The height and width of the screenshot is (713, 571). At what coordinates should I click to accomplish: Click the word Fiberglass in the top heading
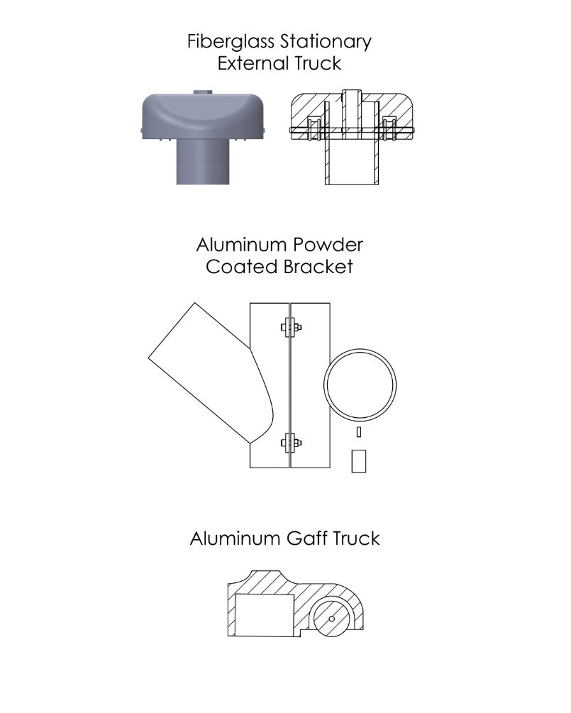231,43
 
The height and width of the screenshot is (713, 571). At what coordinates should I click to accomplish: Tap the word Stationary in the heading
326,43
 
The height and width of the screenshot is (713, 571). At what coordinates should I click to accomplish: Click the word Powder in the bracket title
327,245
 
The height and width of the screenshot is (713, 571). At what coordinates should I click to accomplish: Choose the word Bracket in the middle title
317,267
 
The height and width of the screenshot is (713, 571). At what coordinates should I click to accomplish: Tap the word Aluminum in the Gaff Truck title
235,538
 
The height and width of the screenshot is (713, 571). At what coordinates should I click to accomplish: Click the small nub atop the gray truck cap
203,92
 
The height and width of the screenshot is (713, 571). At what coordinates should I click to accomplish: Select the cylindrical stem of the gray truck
203,162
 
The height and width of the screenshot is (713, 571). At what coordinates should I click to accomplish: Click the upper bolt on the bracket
291,327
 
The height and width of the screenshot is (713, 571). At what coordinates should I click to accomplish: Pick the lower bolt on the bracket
291,443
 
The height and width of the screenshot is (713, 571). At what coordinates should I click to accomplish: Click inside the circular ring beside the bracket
360,385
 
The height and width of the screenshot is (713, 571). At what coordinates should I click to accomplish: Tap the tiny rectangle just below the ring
359,432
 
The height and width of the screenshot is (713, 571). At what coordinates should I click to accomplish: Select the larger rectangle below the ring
359,461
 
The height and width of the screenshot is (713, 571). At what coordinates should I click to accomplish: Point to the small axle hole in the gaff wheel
331,619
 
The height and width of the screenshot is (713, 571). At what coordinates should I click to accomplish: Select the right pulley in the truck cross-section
389,127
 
